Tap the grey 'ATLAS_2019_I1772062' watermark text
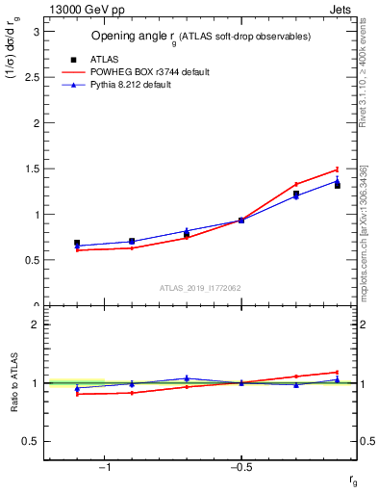(200, 287)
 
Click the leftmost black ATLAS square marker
(77, 244)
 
